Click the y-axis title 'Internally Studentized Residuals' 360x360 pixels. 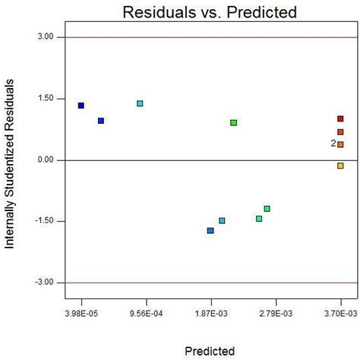11,160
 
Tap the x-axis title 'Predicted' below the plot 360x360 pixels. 210,350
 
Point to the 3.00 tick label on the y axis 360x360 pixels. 43,37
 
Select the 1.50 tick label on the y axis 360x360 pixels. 43,99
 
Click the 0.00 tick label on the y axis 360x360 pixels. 43,160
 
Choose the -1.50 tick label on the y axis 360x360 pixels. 42,222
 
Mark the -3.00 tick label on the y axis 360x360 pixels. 42,283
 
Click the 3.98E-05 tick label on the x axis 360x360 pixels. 81,312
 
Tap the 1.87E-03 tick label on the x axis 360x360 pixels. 211,312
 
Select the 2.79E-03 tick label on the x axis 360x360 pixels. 276,312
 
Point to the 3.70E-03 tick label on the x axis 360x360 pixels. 340,312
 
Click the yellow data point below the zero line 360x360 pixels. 340,166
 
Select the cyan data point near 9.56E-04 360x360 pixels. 140,103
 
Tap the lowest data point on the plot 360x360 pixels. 210,231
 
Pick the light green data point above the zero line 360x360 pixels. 234,122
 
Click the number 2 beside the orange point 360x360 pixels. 333,144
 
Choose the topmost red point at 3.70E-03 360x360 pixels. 340,118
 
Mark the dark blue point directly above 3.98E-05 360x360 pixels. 81,106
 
